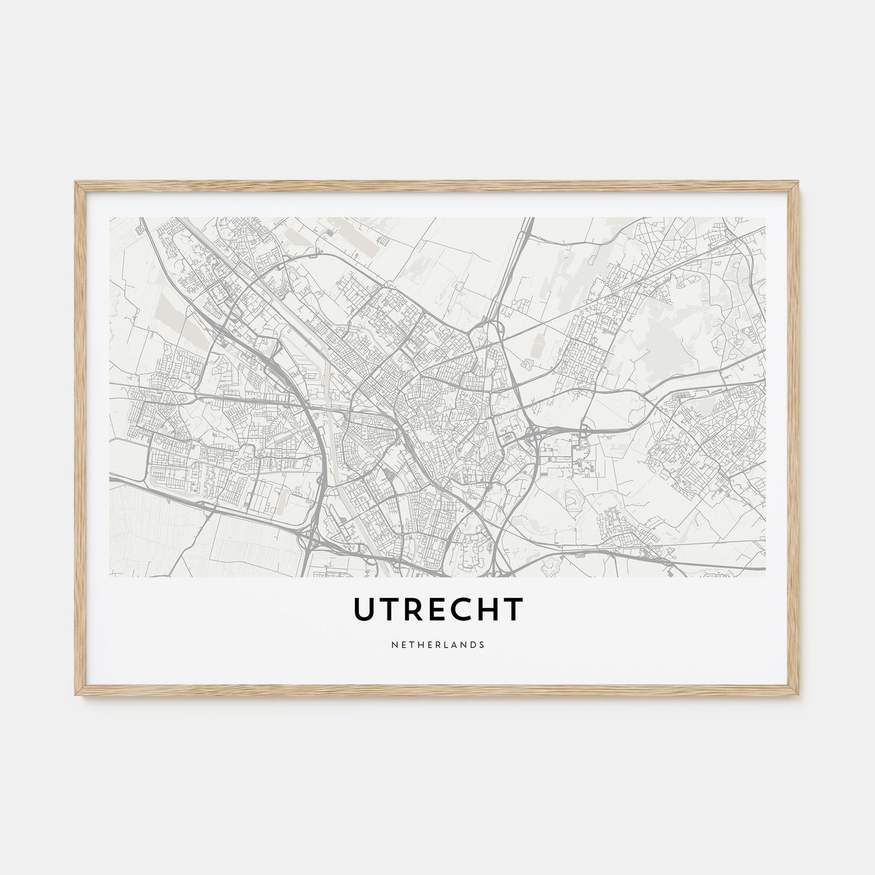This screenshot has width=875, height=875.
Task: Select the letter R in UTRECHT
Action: tap(416, 610)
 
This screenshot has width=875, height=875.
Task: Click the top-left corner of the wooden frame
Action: tap(75, 181)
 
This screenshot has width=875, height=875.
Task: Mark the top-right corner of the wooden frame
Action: tap(801, 181)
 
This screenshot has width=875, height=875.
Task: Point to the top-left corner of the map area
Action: tap(109, 217)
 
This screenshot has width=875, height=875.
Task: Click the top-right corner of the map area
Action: tap(766, 217)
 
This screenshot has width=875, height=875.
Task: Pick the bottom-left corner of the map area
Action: tap(109, 576)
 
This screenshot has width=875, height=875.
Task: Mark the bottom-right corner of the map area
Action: tap(766, 576)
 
